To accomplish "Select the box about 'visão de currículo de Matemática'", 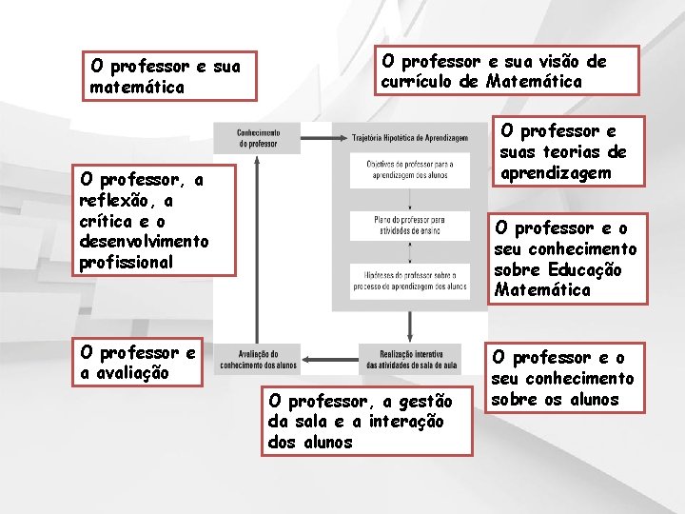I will pyautogui.click(x=492, y=71).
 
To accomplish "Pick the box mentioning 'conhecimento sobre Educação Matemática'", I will pyautogui.click(x=567, y=259).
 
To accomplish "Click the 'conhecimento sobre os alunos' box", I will pyautogui.click(x=567, y=379).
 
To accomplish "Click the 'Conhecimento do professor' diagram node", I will pyautogui.click(x=258, y=138).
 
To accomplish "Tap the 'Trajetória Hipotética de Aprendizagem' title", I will pyautogui.click(x=410, y=138).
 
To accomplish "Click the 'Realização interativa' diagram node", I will pyautogui.click(x=410, y=358).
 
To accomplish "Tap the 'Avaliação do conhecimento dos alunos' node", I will pyautogui.click(x=258, y=358).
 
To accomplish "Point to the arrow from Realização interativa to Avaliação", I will pyautogui.click(x=329, y=358).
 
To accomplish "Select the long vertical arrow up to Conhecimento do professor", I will pyautogui.click(x=258, y=247).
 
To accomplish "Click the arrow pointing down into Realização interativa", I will pyautogui.click(x=410, y=327).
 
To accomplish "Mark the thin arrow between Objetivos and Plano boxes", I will pyautogui.click(x=410, y=198).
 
